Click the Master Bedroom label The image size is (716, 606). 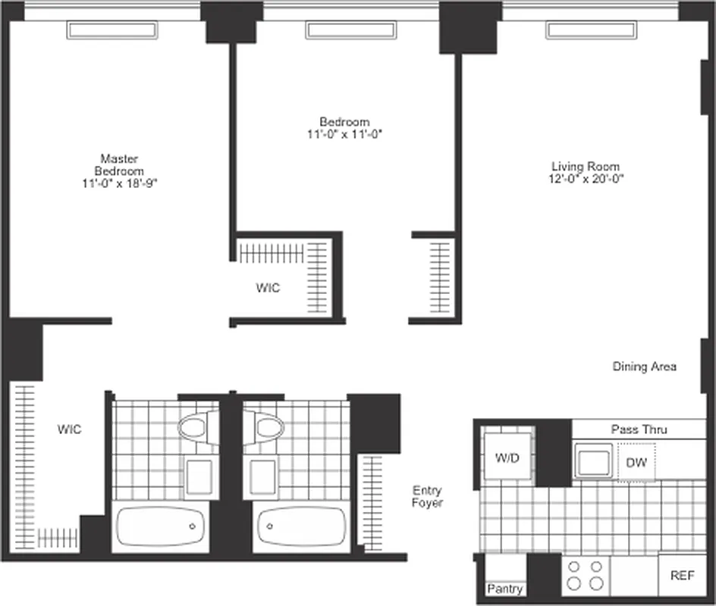pyautogui.click(x=119, y=165)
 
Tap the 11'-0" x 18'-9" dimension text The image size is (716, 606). pyautogui.click(x=119, y=183)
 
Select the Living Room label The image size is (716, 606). pyautogui.click(x=585, y=167)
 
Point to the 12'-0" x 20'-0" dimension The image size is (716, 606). pyautogui.click(x=585, y=180)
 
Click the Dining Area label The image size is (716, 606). pyautogui.click(x=644, y=367)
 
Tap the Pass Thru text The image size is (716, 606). pyautogui.click(x=639, y=430)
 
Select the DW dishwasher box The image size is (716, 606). pyautogui.click(x=636, y=462)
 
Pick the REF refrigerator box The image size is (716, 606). pyautogui.click(x=682, y=576)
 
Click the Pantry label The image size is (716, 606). pyautogui.click(x=504, y=589)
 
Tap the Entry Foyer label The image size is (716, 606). pyautogui.click(x=427, y=496)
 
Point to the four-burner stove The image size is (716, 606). pyautogui.click(x=586, y=575)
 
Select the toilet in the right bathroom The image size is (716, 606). pyautogui.click(x=265, y=426)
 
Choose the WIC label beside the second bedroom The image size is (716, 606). pyautogui.click(x=267, y=288)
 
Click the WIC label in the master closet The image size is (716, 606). pyautogui.click(x=69, y=430)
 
